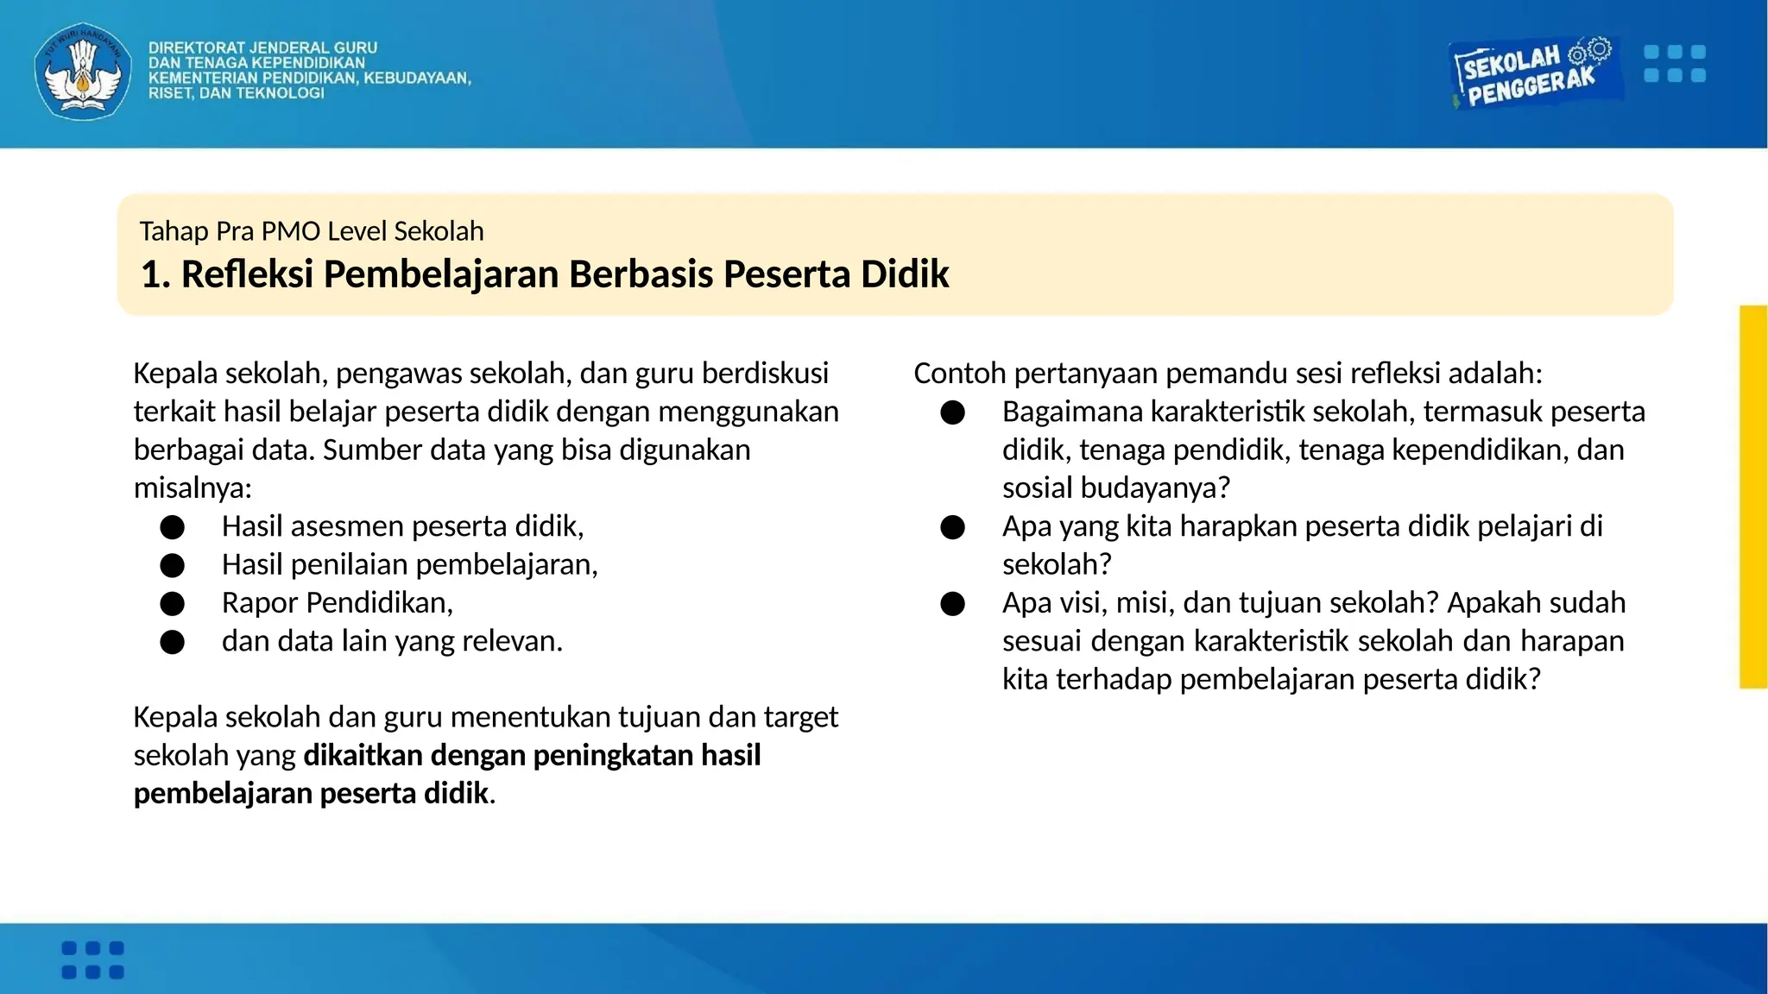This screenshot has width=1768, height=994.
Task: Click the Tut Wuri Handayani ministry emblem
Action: (x=83, y=71)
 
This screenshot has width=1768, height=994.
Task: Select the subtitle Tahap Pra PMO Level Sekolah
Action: (x=311, y=231)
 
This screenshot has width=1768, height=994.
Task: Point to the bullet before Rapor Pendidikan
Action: (x=172, y=603)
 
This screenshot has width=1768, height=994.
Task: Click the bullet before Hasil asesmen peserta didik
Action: (x=172, y=526)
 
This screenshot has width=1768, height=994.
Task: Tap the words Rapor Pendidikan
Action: (x=337, y=602)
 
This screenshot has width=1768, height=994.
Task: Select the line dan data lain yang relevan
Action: (x=392, y=641)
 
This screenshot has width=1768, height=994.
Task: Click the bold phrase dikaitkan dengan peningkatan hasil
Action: (x=532, y=755)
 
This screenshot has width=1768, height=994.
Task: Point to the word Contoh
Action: (x=959, y=374)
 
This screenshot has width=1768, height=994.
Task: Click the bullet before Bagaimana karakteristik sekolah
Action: (x=952, y=412)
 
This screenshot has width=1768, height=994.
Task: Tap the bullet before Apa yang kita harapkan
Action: (x=952, y=527)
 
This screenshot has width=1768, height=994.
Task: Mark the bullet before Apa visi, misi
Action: (x=952, y=603)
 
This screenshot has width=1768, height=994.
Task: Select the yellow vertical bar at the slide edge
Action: (x=1753, y=496)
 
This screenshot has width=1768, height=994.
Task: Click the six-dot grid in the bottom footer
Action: (x=92, y=959)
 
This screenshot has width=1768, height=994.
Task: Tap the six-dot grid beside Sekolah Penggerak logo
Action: (x=1674, y=64)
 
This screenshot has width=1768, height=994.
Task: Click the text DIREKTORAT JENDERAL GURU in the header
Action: (x=262, y=48)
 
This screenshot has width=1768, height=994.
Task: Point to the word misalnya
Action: (x=192, y=488)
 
